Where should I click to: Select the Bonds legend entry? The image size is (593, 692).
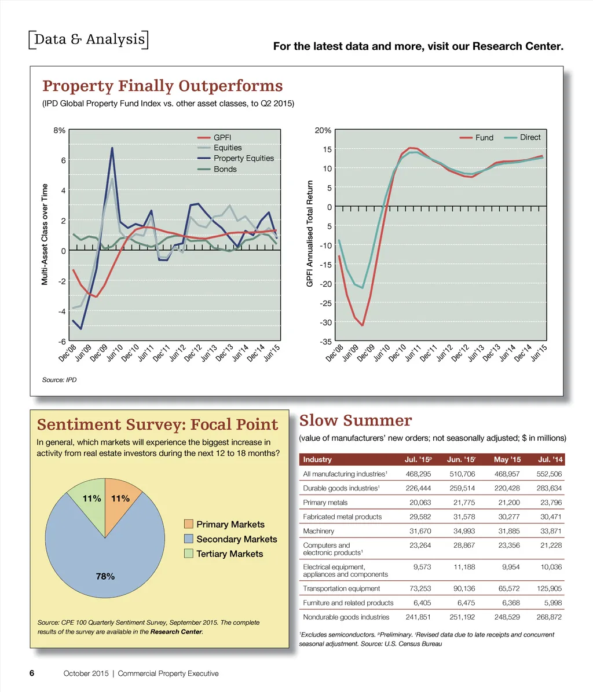pos(225,169)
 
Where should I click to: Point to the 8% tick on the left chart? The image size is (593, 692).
pos(58,131)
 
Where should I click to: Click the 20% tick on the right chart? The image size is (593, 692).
pos(323,131)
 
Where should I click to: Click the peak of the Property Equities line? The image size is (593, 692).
pos(112,148)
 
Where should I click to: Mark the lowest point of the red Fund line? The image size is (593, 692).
pos(363,325)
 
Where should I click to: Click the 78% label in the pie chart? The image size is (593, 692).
pos(105,576)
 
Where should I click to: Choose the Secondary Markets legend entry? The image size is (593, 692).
pos(236,539)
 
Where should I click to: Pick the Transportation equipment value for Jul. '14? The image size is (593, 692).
pos(550,588)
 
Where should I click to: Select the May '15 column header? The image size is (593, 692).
pos(507,460)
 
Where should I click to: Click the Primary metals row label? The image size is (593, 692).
pos(326,503)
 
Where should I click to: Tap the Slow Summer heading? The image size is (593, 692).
pos(356,420)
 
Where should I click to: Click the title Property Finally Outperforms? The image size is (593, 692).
pos(163,86)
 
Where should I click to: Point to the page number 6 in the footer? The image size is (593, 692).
pos(32,673)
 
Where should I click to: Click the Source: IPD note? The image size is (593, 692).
pos(59,380)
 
